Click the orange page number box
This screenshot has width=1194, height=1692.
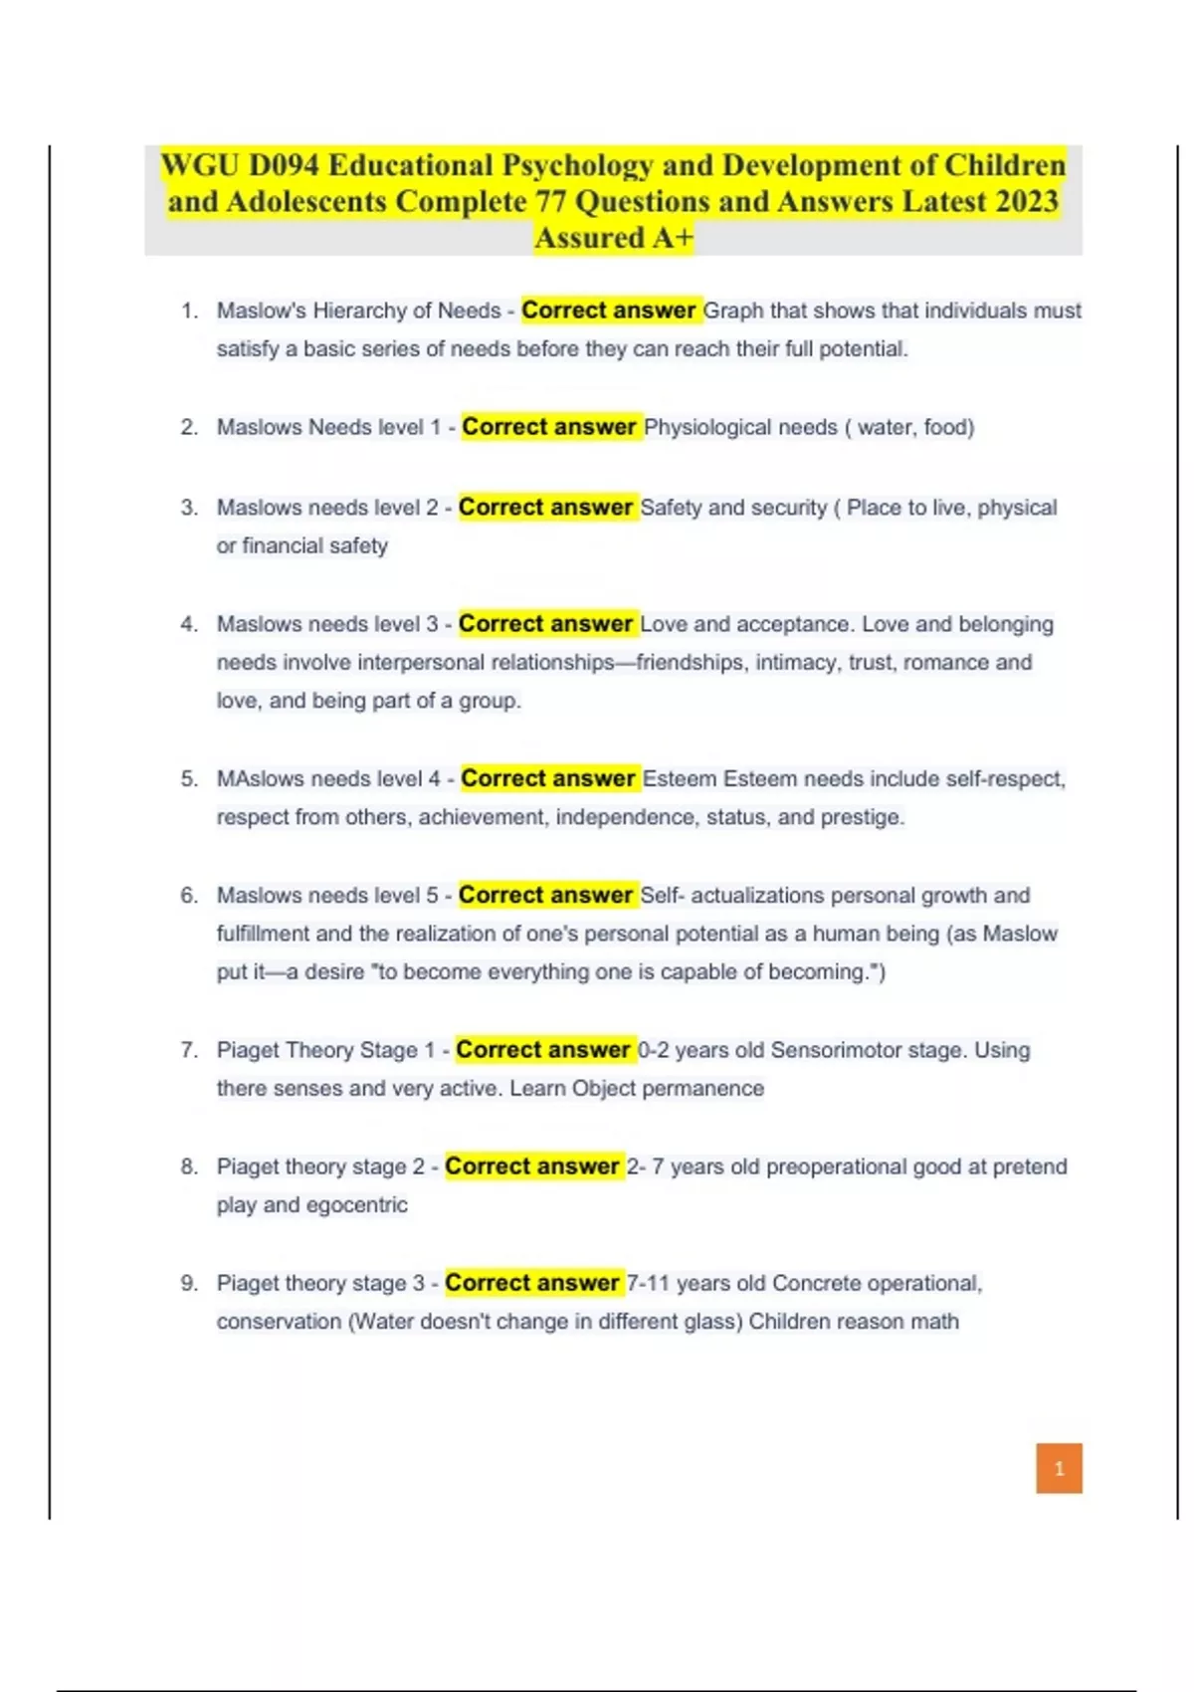click(1059, 1468)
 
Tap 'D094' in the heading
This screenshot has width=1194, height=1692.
click(285, 165)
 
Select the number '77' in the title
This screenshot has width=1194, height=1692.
click(551, 202)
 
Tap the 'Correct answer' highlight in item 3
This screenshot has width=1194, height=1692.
click(545, 508)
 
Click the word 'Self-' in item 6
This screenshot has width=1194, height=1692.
click(662, 896)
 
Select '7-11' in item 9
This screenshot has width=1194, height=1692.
click(648, 1283)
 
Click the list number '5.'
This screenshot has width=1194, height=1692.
click(189, 778)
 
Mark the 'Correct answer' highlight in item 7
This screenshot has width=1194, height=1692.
click(543, 1050)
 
